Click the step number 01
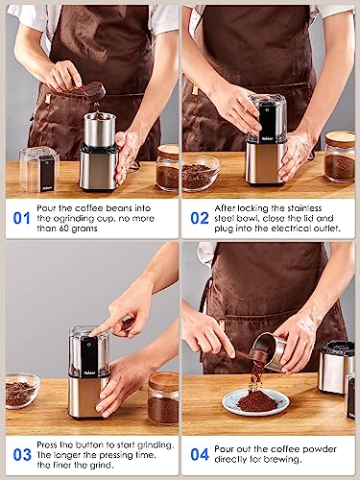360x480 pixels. (20, 218)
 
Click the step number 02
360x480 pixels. (200, 218)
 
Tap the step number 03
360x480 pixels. (20, 454)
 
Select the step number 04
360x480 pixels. (200, 454)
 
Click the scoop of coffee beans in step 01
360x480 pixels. (93, 90)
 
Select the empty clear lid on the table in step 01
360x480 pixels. (38, 167)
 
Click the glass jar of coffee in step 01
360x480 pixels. (167, 168)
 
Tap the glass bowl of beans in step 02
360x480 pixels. (199, 173)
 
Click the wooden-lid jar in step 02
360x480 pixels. (339, 156)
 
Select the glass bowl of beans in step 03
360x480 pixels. (21, 390)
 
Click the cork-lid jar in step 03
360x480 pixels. (162, 397)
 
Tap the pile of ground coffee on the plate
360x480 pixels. (256, 400)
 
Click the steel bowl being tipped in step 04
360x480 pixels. (271, 350)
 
